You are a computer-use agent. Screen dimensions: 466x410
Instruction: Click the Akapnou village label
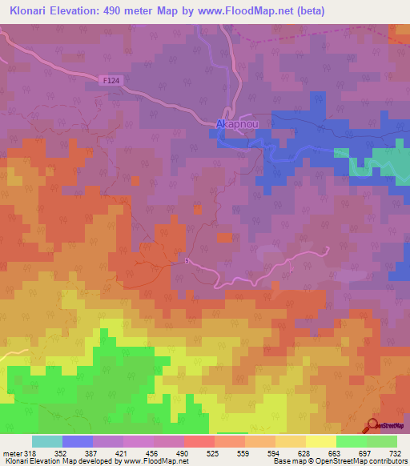236,125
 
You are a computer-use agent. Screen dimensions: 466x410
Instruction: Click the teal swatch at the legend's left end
46,441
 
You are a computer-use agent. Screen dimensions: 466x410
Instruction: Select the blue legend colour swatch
77,441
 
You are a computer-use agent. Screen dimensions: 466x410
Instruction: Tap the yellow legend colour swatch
320,441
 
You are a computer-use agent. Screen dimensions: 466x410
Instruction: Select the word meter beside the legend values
10,452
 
